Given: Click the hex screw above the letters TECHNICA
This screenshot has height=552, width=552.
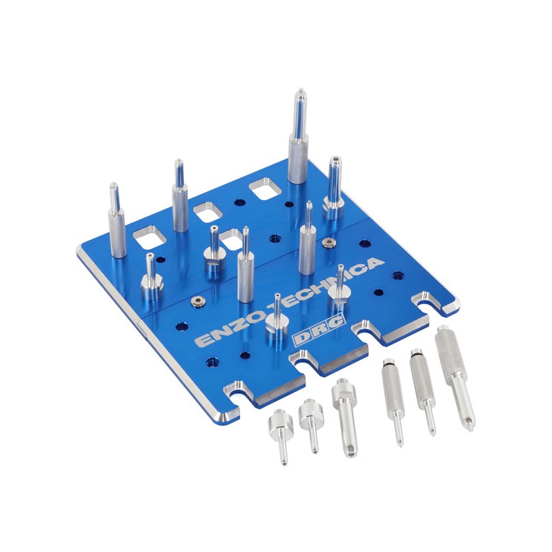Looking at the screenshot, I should point(329,243).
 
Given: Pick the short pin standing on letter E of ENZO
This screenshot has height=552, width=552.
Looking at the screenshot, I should point(276,322).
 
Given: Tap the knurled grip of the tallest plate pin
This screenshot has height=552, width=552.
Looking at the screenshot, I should point(298,159).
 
